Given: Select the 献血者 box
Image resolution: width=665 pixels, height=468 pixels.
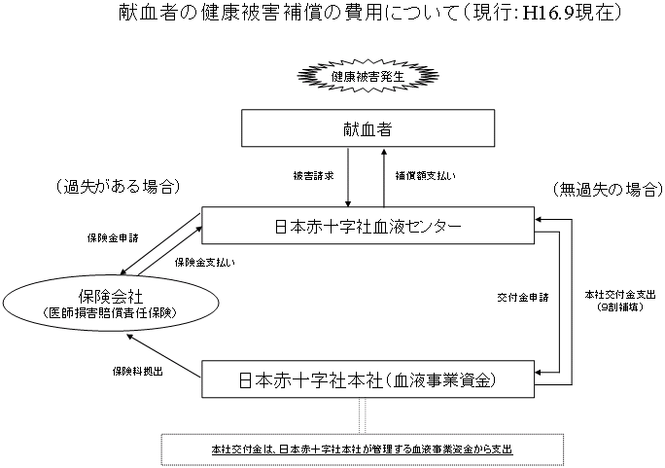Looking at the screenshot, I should tap(367, 128).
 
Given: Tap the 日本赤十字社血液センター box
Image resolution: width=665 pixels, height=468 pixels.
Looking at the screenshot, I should tap(367, 226).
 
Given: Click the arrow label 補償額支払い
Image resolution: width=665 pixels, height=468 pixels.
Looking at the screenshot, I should tap(424, 176).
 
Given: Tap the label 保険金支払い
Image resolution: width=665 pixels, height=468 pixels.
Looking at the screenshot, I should tap(204, 261).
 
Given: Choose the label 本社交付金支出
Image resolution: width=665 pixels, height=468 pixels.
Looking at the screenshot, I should tap(614, 294).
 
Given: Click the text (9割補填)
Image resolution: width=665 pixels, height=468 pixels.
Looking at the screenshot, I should tap(614, 306).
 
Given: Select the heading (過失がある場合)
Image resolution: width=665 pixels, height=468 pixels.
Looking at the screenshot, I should tap(113, 186).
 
